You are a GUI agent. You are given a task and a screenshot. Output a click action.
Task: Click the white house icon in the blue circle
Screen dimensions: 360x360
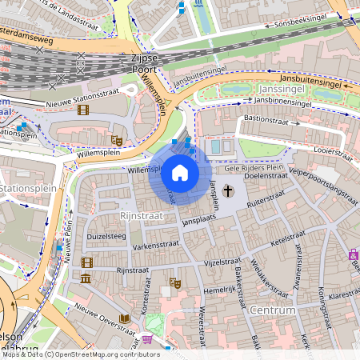pyautogui.click(x=180, y=173)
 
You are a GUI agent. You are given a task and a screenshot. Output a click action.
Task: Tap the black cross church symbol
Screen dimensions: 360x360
pyautogui.click(x=228, y=190)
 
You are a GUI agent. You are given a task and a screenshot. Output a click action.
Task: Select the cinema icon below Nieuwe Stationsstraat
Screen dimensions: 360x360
pyautogui.click(x=84, y=110)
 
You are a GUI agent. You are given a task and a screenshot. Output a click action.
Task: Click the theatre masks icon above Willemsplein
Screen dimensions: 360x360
pyautogui.click(x=116, y=140)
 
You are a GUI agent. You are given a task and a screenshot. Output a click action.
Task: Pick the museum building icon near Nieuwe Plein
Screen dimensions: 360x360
pyautogui.click(x=86, y=278)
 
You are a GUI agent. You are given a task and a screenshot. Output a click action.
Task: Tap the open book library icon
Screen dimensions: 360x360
pyautogui.click(x=124, y=318)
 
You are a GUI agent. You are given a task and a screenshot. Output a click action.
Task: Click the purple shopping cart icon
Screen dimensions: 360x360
pyautogui.click(x=147, y=338)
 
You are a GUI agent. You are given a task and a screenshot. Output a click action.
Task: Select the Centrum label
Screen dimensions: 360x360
pyautogui.click(x=273, y=310)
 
